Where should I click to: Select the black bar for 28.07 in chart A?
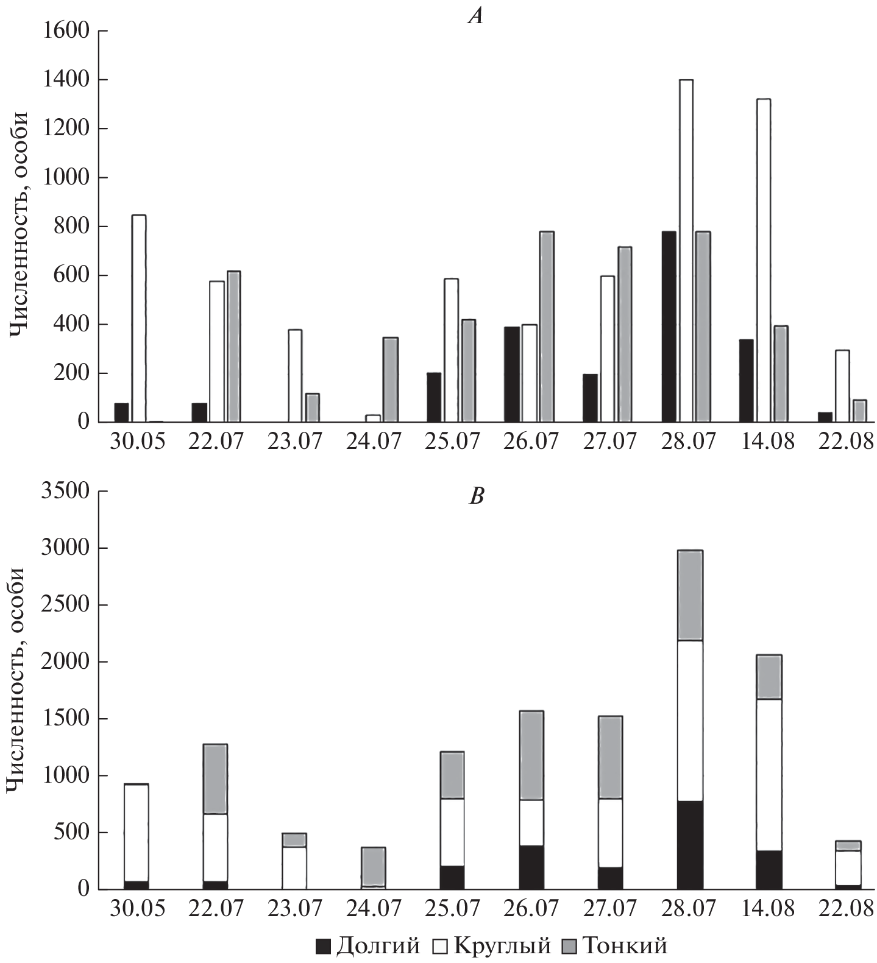point(669,326)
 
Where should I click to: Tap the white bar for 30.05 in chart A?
point(139,318)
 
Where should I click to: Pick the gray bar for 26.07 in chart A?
point(547,326)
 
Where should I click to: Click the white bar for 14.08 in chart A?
point(763,260)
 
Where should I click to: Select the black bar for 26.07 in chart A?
point(512,374)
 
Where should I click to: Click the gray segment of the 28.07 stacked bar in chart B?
point(690,595)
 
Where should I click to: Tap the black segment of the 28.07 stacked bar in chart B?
point(690,845)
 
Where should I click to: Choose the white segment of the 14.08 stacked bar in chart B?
point(769,775)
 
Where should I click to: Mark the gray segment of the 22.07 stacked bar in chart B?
point(215,779)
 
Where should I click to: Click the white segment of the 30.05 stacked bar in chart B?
point(137,722)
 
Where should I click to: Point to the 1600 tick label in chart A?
point(66,30)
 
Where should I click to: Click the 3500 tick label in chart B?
point(66,491)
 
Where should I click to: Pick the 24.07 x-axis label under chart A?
point(373,441)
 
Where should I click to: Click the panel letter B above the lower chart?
point(476,496)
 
